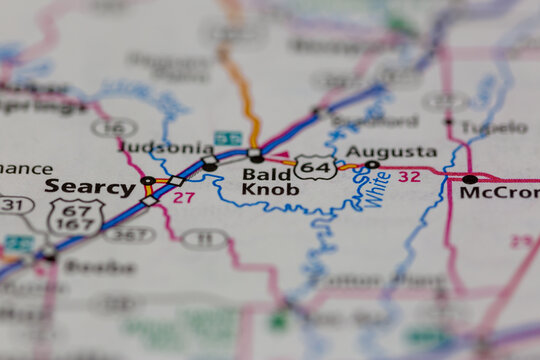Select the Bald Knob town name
pyautogui.click(x=270, y=182)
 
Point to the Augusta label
pyautogui.click(x=391, y=152)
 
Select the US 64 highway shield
pyautogui.click(x=316, y=167)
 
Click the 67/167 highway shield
pyautogui.click(x=76, y=217)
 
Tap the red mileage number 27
pyautogui.click(x=183, y=198)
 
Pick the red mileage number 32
pyautogui.click(x=408, y=176)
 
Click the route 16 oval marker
pyautogui.click(x=114, y=127)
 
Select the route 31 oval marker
pyautogui.click(x=12, y=205)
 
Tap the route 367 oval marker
pyautogui.click(x=130, y=235)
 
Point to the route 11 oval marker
pyautogui.click(x=205, y=238)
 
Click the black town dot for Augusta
pyautogui.click(x=372, y=164)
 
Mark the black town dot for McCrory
pyautogui.click(x=469, y=179)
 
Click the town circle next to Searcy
pyautogui.click(x=147, y=181)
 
